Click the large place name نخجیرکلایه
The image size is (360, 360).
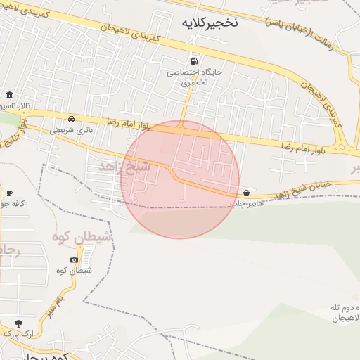(210, 22)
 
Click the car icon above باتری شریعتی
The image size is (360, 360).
(72, 119)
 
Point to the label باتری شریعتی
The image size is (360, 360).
(71, 130)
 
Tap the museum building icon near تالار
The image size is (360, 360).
(9, 95)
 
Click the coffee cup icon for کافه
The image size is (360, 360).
(9, 193)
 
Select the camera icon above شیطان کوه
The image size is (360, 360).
(75, 260)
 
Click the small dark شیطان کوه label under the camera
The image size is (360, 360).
(71, 271)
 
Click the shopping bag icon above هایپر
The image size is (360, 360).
(246, 193)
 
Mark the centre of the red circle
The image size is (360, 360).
(180, 179)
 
